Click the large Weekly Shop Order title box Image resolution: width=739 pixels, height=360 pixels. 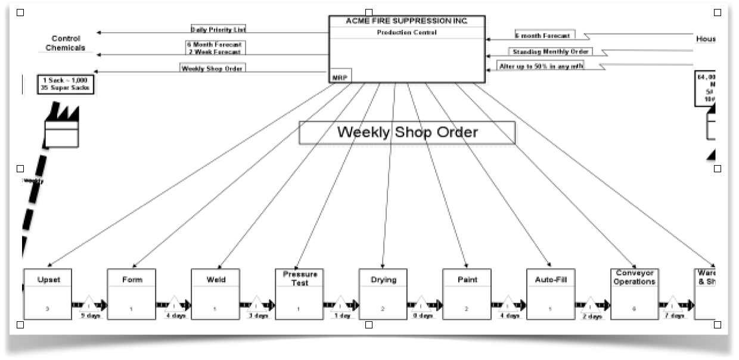coord(407,132)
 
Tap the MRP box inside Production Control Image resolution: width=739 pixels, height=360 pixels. coord(340,76)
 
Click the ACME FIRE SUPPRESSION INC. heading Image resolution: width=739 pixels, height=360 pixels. coord(407,21)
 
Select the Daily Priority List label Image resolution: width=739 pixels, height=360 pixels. coord(218,29)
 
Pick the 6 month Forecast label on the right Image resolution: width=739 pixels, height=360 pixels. coord(545,36)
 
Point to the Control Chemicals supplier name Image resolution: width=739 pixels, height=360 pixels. coord(66,43)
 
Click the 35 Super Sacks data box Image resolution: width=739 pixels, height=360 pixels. coord(66,84)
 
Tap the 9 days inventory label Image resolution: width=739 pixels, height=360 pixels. coord(91,315)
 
